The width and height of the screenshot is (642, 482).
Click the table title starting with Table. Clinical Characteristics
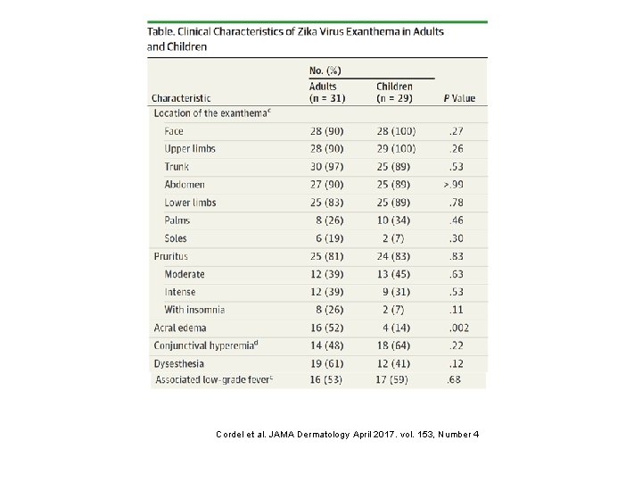295,38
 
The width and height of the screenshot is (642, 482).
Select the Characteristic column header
181,97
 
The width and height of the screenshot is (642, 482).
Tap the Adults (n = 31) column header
329,92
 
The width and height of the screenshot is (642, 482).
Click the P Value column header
459,97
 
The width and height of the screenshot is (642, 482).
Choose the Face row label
174,131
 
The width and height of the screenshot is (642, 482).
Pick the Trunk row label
177,167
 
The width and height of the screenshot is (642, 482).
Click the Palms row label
177,220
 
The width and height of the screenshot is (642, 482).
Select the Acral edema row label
180,328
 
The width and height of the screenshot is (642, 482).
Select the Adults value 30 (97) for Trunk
327,167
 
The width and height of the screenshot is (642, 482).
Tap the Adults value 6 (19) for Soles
327,238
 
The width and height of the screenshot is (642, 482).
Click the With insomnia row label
194,310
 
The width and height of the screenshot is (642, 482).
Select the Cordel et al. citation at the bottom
349,435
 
